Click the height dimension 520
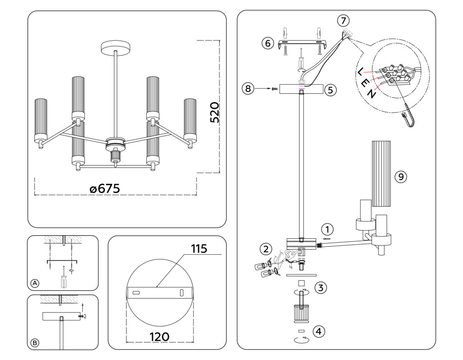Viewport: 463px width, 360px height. click(x=215, y=112)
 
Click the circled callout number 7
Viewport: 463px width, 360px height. click(x=343, y=20)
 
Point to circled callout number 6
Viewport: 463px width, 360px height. click(x=267, y=43)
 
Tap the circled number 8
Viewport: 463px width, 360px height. click(x=248, y=89)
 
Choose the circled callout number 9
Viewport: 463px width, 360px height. click(x=401, y=177)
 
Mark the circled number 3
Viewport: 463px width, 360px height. click(x=321, y=287)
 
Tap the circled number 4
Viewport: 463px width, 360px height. click(x=319, y=331)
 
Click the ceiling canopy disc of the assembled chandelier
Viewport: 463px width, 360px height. click(x=116, y=47)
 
